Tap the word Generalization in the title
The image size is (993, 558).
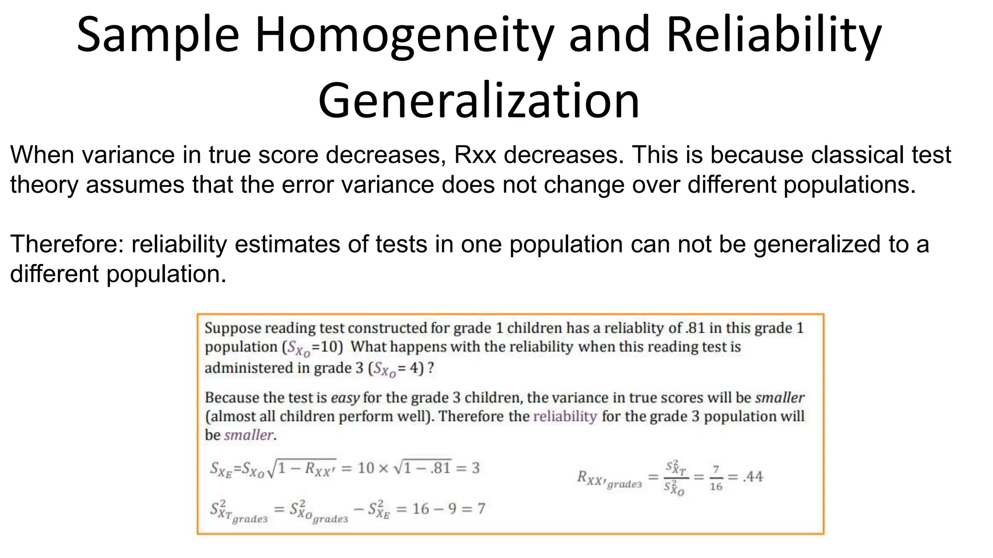coord(479,101)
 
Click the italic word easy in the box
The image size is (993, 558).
coord(345,398)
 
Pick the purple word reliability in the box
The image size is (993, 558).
coord(565,417)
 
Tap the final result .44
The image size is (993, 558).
coord(753,477)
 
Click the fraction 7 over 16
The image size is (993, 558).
coord(716,478)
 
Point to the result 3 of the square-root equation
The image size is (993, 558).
coord(475,468)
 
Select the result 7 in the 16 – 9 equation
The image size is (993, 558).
coord(481,509)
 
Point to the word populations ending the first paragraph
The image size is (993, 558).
coord(849,185)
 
